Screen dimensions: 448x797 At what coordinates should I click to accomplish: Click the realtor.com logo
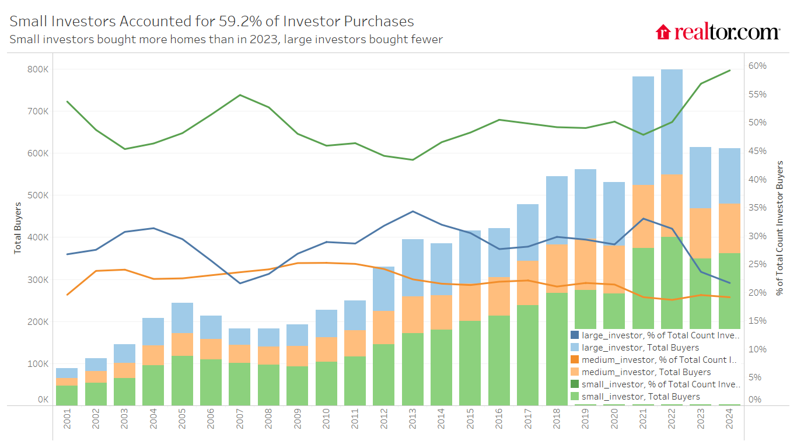pyautogui.click(x=718, y=32)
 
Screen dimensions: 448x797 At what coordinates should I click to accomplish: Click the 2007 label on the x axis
pyautogui.click(x=239, y=419)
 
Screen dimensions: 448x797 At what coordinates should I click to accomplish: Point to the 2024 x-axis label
pyautogui.click(x=729, y=419)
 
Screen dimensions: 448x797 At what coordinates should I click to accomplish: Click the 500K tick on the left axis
pyautogui.click(x=39, y=195)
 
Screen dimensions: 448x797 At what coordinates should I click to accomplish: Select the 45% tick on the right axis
pyautogui.click(x=757, y=151)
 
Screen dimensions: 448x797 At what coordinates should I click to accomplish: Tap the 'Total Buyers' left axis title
pyautogui.click(x=18, y=228)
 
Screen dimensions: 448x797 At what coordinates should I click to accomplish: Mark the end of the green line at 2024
pyautogui.click(x=730, y=71)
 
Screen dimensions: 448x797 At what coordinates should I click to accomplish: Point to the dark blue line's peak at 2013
pyautogui.click(x=413, y=211)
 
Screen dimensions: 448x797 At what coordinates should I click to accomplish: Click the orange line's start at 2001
pyautogui.click(x=67, y=295)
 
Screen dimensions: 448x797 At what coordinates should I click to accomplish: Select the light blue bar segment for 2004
pyautogui.click(x=153, y=331)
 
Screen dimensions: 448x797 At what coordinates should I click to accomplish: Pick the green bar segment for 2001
pyautogui.click(x=67, y=395)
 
